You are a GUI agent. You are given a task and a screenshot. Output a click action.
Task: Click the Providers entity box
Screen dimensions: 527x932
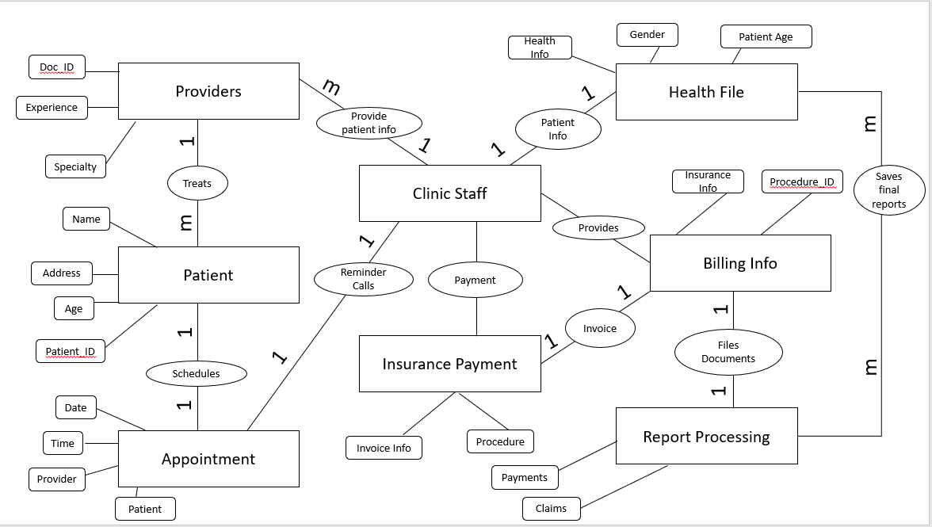coord(208,91)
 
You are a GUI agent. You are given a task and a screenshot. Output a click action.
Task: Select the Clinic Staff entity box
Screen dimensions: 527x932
coord(449,193)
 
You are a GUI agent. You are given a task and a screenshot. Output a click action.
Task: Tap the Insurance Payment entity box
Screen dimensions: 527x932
coord(449,364)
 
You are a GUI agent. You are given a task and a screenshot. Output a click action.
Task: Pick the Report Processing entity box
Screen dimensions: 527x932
coord(706,436)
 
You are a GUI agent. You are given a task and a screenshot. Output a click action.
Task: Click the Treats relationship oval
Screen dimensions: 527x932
coord(197,183)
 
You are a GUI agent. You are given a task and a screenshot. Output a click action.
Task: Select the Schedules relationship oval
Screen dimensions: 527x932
coord(196,373)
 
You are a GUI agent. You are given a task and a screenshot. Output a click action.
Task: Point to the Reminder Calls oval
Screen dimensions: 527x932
coord(363,279)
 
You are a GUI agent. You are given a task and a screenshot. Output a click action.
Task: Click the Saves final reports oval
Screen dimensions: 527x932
coord(888,190)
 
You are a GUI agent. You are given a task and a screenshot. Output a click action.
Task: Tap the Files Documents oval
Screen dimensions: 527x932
coord(728,352)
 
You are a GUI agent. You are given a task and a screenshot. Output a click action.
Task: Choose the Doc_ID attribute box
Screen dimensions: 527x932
coord(56,67)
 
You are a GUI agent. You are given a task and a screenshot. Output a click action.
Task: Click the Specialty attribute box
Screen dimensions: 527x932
coord(75,166)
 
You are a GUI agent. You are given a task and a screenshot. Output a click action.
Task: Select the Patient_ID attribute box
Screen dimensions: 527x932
coord(70,351)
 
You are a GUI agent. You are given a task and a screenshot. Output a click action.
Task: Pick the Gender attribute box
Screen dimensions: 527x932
coord(647,35)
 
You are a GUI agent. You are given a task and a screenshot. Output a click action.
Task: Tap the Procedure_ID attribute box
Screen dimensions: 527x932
coord(802,181)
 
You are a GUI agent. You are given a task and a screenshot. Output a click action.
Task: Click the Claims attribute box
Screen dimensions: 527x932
coord(551,508)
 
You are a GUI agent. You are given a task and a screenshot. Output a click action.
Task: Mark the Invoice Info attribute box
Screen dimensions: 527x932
coord(384,448)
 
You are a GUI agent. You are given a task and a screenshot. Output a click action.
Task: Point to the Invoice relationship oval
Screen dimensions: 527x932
coord(599,328)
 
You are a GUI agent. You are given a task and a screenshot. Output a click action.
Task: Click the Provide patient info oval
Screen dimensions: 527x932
coord(369,123)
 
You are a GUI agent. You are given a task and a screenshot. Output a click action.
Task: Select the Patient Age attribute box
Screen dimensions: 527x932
coord(766,36)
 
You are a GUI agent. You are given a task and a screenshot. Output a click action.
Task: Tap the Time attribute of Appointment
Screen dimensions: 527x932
coord(63,444)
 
